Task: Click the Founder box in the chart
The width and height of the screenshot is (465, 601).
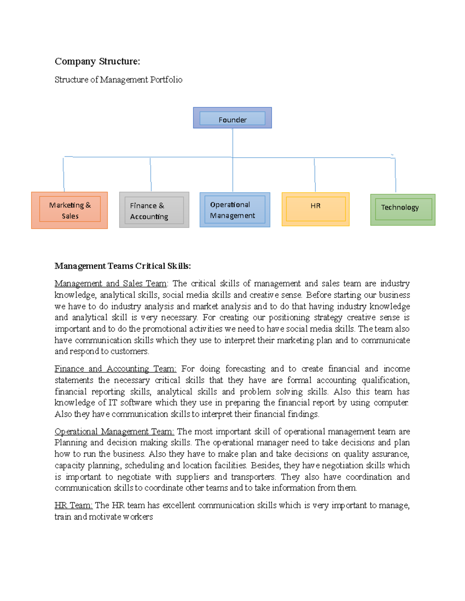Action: coord(232,118)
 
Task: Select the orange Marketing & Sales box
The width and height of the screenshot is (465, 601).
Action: coord(70,210)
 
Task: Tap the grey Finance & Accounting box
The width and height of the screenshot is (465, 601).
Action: coord(154,210)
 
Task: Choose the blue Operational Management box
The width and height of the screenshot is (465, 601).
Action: coord(234,210)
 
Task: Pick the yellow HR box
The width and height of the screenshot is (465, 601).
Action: coord(315,209)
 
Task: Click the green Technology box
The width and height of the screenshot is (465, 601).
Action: coord(403,209)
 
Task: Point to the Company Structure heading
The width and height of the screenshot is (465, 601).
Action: coord(97,62)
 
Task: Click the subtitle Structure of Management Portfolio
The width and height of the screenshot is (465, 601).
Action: coord(118,80)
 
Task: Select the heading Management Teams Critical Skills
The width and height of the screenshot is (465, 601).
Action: coord(122,266)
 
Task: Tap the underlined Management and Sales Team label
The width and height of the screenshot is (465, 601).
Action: coord(110,284)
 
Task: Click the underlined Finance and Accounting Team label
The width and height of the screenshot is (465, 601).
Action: coord(115,369)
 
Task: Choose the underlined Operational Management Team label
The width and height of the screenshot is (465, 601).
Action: coord(114,431)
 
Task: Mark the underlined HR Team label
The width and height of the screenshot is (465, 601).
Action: coord(73,505)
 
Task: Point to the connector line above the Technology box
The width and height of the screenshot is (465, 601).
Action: coord(395,175)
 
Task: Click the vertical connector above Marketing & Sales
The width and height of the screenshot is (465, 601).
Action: coord(64,174)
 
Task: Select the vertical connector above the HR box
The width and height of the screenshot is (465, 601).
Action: coord(315,175)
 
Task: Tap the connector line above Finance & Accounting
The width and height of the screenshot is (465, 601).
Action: coord(151,174)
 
